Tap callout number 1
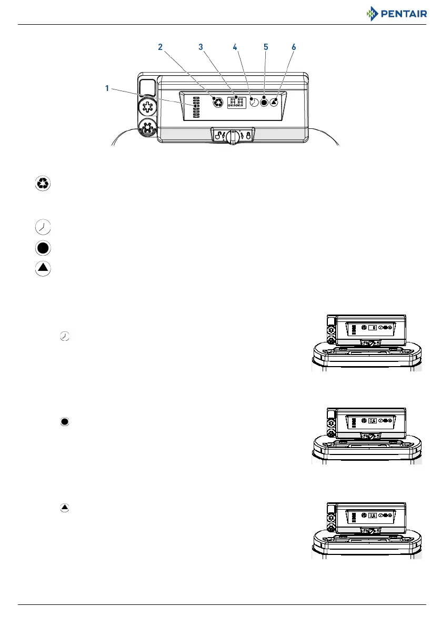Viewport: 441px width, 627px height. [x=107, y=89]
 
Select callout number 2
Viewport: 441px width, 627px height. [x=161, y=47]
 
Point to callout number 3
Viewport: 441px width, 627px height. [x=201, y=47]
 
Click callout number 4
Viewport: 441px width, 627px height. [x=235, y=47]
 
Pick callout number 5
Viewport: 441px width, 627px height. [x=266, y=47]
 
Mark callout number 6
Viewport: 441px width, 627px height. [x=293, y=47]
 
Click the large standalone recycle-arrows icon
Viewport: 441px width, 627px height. [x=43, y=183]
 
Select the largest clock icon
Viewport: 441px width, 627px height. [x=43, y=227]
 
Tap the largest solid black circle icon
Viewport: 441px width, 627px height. [x=43, y=248]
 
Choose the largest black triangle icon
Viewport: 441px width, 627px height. [x=43, y=268]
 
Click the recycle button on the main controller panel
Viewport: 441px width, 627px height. [x=216, y=103]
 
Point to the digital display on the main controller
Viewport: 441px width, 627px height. [x=236, y=103]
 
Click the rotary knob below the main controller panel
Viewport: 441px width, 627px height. [x=233, y=136]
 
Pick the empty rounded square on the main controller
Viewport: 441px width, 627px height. [x=147, y=87]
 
